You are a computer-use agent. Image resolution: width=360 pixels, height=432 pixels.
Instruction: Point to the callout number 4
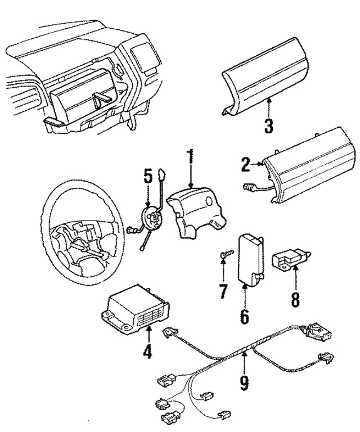147,353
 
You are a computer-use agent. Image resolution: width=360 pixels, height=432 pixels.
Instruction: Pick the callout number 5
148,176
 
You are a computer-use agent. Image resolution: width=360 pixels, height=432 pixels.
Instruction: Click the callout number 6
245,316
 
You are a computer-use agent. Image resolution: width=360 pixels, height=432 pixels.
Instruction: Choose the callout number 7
223,291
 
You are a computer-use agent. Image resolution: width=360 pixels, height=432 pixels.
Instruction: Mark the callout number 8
295,298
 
